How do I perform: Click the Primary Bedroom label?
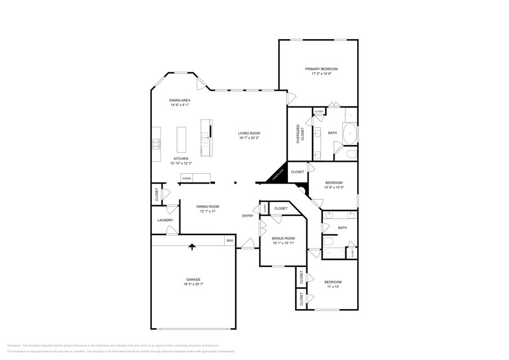pos(322,69)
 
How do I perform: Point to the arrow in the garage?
pos(192,246)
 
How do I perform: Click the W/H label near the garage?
pos(230,241)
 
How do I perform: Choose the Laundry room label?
pos(165,220)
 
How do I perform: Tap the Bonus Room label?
pos(283,238)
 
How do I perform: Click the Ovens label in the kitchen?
pos(186,178)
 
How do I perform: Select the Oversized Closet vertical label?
pos(300,133)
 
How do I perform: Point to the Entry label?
pos(247,216)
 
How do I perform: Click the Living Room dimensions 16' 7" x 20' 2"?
pos(250,138)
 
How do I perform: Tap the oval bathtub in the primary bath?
pos(349,133)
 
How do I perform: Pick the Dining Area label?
pos(180,100)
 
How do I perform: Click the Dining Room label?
pos(208,206)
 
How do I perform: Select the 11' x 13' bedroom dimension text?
pos(333,287)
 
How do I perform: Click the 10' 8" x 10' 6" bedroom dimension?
pos(334,187)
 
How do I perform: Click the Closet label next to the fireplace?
pos(298,172)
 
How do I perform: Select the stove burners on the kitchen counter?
pos(156,144)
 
